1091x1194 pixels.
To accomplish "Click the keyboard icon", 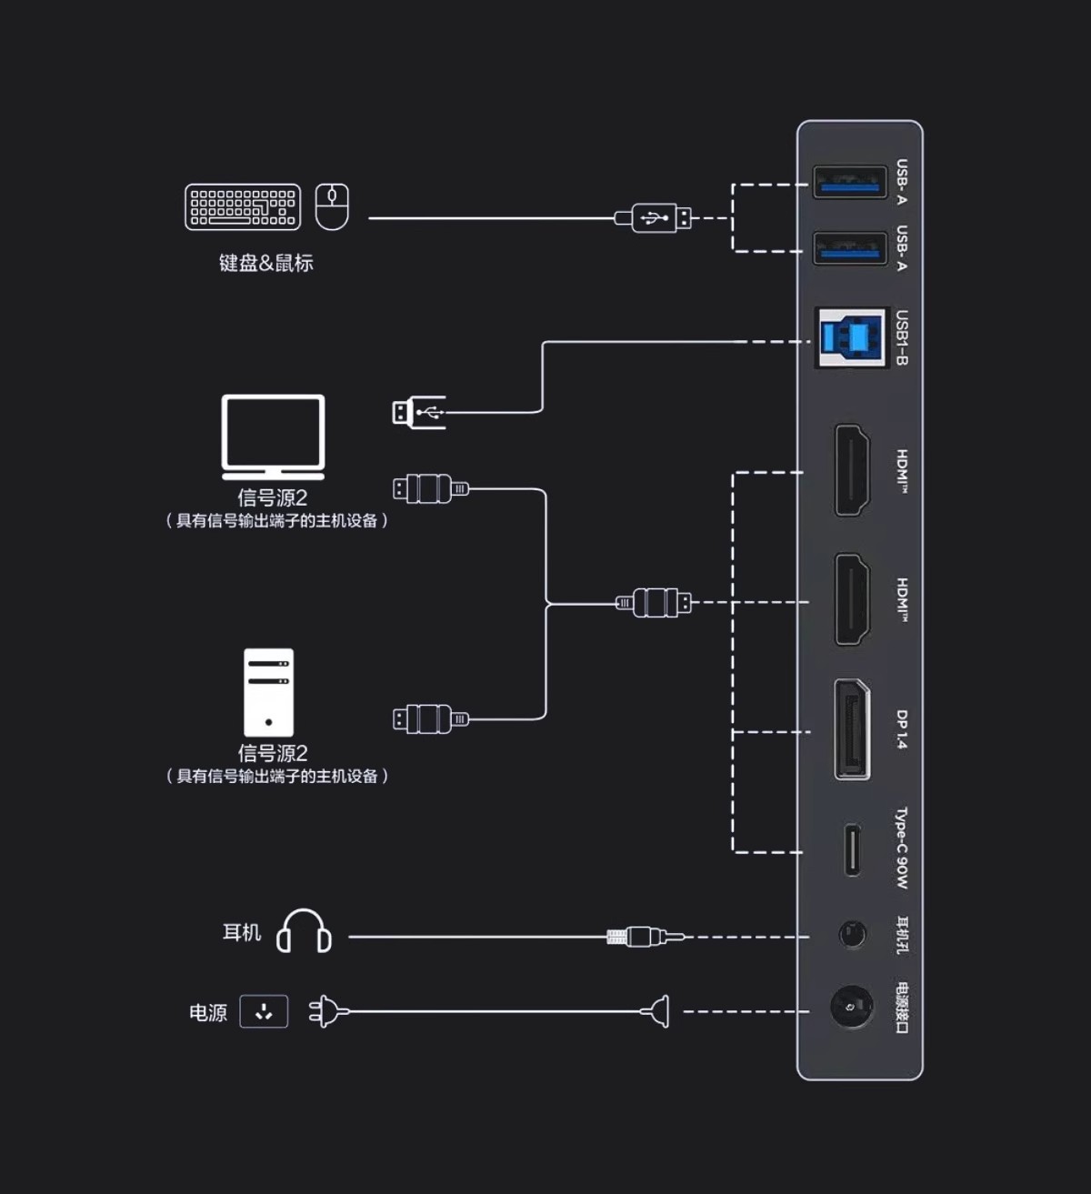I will [243, 206].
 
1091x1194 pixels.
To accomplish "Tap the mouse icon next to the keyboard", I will [332, 206].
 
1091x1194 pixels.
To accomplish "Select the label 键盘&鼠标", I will [265, 263].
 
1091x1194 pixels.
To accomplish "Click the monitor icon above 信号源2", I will [273, 436].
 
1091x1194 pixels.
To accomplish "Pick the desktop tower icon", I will [268, 692].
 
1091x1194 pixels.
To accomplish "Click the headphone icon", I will [304, 931].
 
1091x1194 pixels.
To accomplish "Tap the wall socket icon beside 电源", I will [264, 1011].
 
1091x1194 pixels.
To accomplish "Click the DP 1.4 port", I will [852, 729].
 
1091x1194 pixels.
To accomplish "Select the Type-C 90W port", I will [852, 849].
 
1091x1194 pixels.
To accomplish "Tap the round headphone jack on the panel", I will [852, 934].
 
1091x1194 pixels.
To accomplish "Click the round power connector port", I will [852, 1008].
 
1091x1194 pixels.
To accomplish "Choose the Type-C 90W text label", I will [901, 848].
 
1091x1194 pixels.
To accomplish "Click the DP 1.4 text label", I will [901, 729].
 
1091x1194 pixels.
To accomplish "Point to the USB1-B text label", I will [901, 338].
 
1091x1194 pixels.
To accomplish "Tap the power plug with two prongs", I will [328, 1011].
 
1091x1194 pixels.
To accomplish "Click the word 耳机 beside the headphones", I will [242, 932].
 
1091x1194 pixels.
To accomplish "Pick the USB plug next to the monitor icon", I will [417, 413].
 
